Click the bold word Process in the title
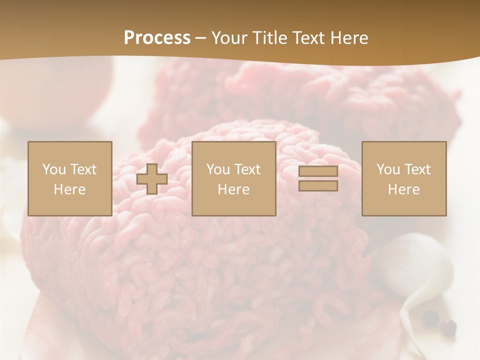[157, 38]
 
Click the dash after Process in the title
[200, 38]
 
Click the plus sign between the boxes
[152, 178]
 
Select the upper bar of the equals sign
[318, 171]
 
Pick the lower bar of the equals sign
[318, 185]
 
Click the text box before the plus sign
[69, 178]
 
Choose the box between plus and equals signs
[233, 178]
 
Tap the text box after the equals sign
[403, 178]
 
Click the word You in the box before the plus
[54, 169]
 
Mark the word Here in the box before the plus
[69, 189]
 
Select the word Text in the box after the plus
[247, 169]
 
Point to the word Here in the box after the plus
[233, 189]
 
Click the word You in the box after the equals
[388, 169]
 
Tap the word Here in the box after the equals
[403, 189]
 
